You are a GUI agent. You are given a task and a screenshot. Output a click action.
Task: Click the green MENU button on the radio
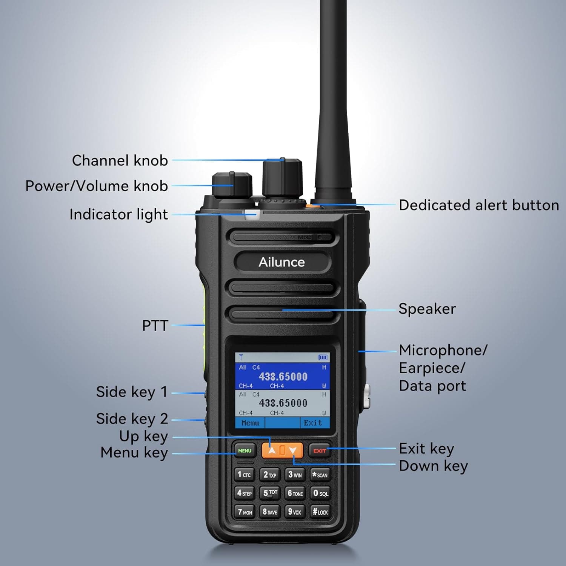pos(245,451)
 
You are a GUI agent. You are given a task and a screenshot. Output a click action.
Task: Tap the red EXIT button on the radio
pos(320,451)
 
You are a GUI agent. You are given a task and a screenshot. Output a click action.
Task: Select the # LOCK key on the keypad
pos(320,512)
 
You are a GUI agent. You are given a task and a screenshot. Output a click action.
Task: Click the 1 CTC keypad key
pos(244,475)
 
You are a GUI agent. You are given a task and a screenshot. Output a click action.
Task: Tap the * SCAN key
pos(320,475)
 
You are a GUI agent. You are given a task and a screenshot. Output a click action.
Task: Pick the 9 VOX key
pos(294,512)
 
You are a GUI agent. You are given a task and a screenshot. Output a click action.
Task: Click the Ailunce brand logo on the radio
pos(281,262)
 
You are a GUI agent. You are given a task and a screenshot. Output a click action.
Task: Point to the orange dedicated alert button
pos(311,206)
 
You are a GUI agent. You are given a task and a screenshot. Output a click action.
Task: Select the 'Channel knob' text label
pos(120,160)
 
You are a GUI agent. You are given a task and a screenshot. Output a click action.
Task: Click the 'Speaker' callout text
pos(427,309)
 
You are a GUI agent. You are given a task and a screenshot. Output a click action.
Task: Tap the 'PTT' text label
pos(155,325)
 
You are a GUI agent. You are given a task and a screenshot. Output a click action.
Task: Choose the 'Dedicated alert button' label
pos(479,205)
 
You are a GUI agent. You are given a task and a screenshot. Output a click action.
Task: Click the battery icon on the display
pos(323,357)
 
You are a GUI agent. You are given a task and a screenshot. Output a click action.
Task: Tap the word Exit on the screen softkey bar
pos(313,423)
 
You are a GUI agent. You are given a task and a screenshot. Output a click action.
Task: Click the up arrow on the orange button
pos(272,450)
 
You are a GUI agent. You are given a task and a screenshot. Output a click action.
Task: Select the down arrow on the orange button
pos(292,450)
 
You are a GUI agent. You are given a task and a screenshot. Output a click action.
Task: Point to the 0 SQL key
pos(320,493)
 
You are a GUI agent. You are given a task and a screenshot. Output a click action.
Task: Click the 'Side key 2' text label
pos(132,418)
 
